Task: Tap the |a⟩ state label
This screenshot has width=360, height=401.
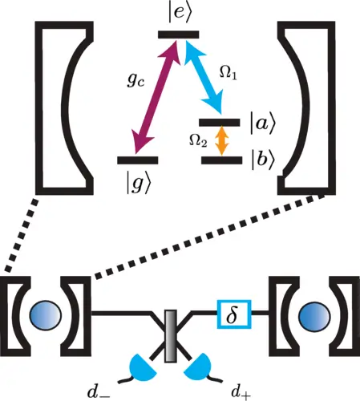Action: (x=262, y=124)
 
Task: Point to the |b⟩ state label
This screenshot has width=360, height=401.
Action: (x=263, y=160)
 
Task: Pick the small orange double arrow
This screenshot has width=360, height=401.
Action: (x=221, y=140)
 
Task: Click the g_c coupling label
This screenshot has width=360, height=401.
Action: (x=136, y=79)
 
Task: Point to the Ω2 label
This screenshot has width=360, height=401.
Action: (x=198, y=140)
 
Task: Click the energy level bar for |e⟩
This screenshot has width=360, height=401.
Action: (x=179, y=34)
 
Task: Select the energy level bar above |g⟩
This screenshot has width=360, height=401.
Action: (x=138, y=160)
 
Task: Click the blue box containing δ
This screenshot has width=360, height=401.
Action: (x=234, y=314)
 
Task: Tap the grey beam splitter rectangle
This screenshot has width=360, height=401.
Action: (x=171, y=336)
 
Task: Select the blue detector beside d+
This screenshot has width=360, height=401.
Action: (x=198, y=367)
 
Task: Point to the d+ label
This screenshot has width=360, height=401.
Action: (x=241, y=392)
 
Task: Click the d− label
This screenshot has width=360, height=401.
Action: (x=99, y=392)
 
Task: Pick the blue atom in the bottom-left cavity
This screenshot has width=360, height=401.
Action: (x=46, y=315)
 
